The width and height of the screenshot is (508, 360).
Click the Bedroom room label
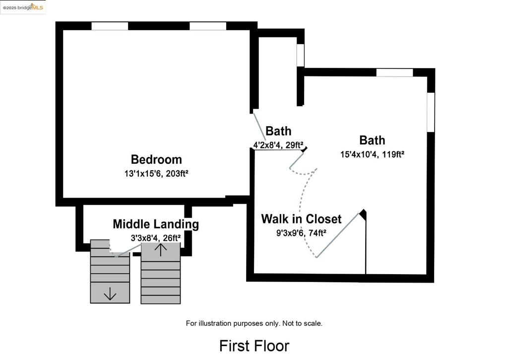tap(156, 159)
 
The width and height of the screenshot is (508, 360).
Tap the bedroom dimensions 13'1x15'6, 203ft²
tap(156, 174)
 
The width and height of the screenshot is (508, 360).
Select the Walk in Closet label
tap(301, 218)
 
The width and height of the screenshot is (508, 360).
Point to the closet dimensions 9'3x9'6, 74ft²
tap(301, 232)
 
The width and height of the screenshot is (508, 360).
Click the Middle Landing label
tap(156, 224)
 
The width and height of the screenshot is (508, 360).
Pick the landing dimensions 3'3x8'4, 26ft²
tap(155, 238)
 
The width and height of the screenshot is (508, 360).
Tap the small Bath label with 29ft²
tap(278, 131)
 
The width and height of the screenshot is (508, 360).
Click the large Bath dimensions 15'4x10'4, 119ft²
tap(372, 154)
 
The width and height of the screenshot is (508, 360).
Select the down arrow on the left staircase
tap(110, 294)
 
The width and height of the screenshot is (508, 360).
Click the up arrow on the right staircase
tap(160, 249)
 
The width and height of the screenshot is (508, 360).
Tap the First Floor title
tap(254, 346)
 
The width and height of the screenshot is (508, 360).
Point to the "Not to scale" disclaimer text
tap(254, 323)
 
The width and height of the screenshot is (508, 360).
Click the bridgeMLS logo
tap(23, 7)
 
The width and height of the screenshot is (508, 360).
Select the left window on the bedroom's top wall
tap(110, 26)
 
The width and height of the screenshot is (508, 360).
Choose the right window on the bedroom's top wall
tap(208, 26)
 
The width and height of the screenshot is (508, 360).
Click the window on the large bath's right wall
tap(431, 112)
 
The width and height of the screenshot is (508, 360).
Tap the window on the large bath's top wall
tap(394, 72)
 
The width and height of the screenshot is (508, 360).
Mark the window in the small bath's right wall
tap(300, 55)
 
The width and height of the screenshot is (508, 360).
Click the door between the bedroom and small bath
tap(258, 128)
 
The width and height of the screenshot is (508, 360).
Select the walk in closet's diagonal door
tap(338, 235)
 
